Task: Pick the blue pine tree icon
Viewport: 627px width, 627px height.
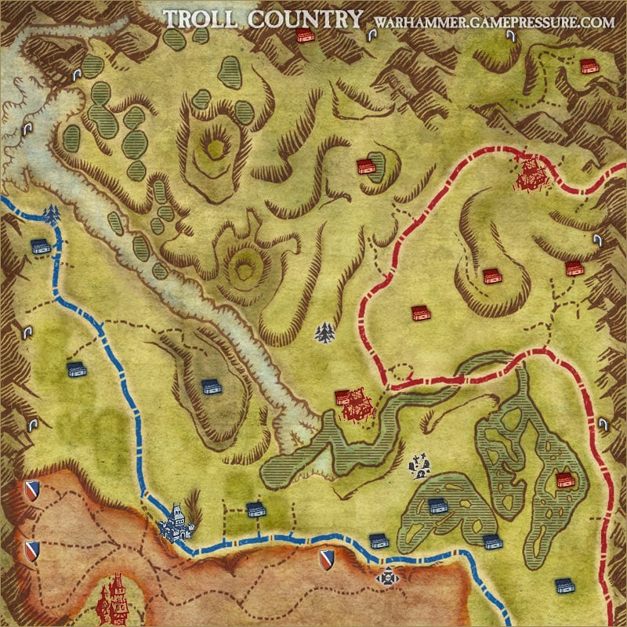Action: tap(52, 212)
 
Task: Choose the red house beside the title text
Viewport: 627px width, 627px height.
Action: tap(305, 35)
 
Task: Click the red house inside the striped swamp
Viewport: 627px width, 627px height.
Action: tap(563, 480)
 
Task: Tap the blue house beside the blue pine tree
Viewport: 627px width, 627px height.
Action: tap(41, 246)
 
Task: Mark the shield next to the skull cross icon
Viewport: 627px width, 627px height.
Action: tap(327, 560)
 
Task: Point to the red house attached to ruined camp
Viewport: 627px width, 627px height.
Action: tap(342, 397)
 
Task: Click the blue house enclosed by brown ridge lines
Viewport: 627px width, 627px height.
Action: tap(209, 386)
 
